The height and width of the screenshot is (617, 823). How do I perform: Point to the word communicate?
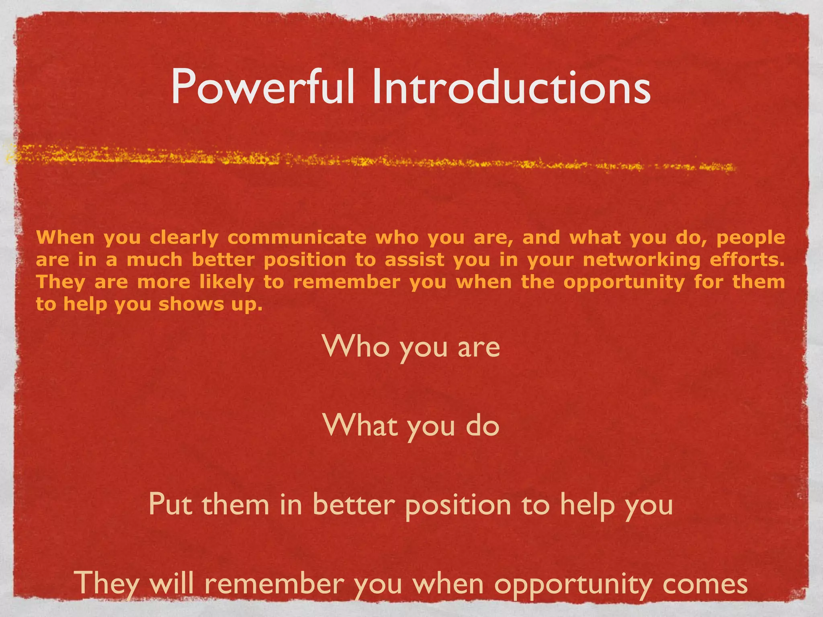point(297,237)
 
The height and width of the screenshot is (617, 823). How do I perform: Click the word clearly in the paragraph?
point(184,238)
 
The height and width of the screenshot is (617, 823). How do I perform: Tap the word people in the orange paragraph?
point(750,238)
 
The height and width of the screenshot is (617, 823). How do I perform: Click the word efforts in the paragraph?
point(747,259)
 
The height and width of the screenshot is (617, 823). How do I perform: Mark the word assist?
point(414,259)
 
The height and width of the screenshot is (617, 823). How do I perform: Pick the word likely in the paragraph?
point(227,282)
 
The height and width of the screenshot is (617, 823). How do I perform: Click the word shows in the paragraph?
point(190,304)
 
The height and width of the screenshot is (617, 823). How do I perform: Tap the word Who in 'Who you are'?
point(356,346)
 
